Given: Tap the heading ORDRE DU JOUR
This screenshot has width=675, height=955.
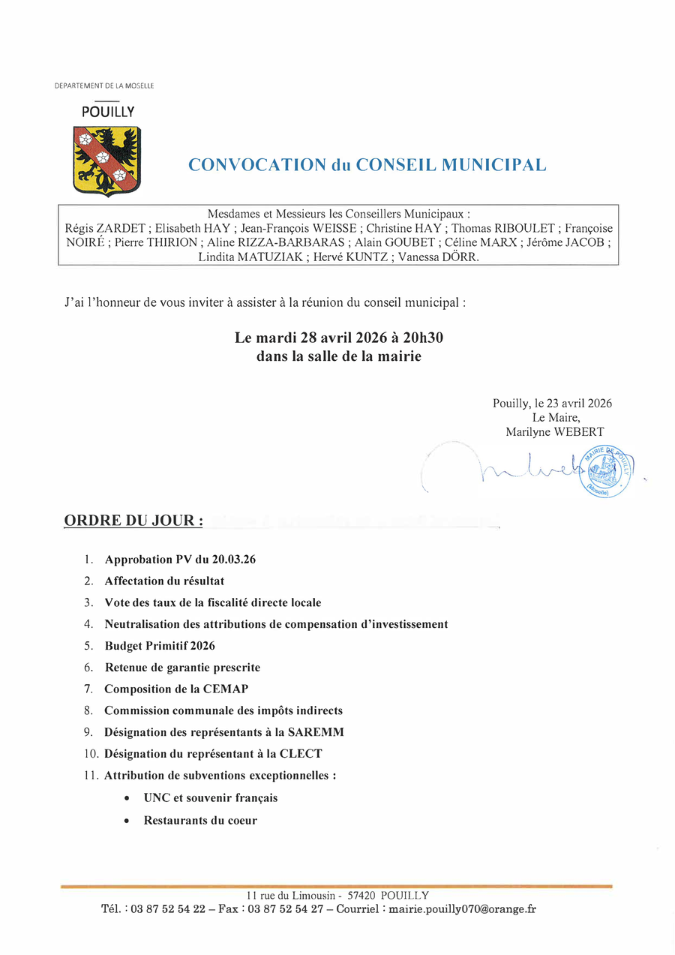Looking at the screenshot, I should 133,520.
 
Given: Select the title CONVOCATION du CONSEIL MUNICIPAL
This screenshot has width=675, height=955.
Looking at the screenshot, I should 367,165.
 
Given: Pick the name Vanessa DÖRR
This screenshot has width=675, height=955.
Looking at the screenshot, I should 439,257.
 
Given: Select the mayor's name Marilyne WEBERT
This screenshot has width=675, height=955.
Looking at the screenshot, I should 555,431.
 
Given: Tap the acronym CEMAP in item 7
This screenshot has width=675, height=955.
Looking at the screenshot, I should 223,689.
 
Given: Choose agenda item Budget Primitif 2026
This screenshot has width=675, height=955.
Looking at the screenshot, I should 160,645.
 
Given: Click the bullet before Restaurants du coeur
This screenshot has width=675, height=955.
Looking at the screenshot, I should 127,821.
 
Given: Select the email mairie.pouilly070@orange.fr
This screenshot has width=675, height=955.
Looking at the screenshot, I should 463,909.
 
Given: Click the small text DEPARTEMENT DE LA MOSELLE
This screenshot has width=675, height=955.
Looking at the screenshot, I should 104,86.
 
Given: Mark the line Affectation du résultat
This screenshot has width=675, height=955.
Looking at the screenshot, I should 164,581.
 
